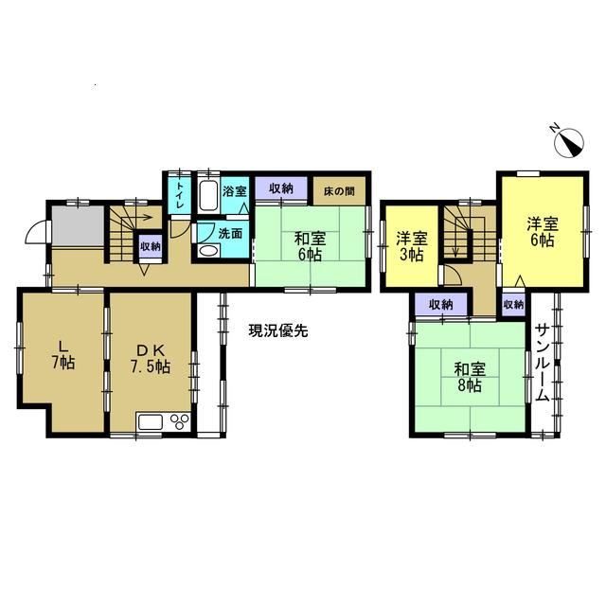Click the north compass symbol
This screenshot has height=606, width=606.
point(569,143)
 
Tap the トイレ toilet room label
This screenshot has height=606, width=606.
point(180,196)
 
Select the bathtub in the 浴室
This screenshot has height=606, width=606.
point(208,197)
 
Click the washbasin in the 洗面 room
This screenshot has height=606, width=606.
point(208,251)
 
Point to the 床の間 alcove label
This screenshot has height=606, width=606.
point(339,191)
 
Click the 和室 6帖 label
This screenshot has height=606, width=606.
point(311,246)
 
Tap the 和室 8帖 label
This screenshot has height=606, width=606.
point(470,377)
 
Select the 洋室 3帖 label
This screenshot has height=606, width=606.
point(412,246)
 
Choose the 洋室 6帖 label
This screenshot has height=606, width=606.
point(543,231)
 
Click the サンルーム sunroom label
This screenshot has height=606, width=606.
point(543,363)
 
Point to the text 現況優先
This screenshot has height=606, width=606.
point(277,330)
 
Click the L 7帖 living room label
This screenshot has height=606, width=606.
point(63,355)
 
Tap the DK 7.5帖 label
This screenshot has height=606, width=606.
point(150,359)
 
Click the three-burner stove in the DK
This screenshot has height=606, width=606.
point(180,421)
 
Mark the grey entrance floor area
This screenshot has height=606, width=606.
point(78,225)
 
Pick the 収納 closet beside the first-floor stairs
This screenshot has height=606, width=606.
point(151,246)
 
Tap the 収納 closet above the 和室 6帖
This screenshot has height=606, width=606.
point(281,189)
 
